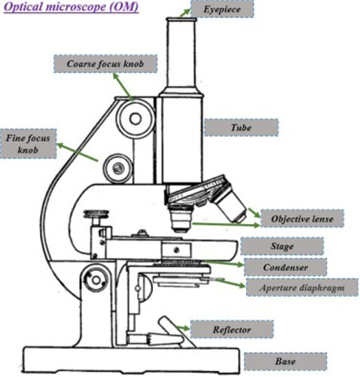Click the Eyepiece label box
tap(222, 9)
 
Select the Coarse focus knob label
tap(105, 64)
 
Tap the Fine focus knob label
tap(28, 144)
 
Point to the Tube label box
tap(241, 127)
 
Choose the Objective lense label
tap(302, 219)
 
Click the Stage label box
tap(282, 246)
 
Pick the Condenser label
tap(285, 267)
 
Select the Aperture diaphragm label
tap(302, 287)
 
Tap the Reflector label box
tap(232, 329)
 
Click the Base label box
tap(285, 361)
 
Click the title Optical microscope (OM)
tap(71, 7)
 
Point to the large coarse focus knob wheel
tap(136, 118)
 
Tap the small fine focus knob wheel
tap(118, 168)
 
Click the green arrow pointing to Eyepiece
tap(185, 13)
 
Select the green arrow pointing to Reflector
tap(183, 328)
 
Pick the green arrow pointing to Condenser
tap(223, 263)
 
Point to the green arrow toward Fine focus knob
tap(78, 152)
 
